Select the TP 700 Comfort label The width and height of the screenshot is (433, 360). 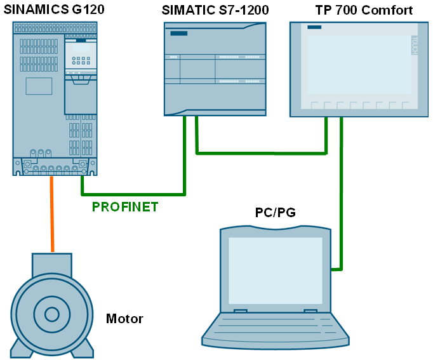click(364, 10)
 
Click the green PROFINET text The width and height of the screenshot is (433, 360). click(125, 206)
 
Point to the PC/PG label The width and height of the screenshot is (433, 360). click(275, 213)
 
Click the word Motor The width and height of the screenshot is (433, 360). click(124, 319)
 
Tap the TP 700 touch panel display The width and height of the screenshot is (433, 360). click(359, 64)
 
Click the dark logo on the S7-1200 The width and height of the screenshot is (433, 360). click(179, 33)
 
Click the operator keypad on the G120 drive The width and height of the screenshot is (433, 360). click(80, 60)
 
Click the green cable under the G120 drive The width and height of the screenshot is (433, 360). click(127, 194)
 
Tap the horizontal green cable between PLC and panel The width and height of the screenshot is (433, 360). click(260, 152)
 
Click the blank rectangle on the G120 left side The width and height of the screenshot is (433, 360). click(39, 86)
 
